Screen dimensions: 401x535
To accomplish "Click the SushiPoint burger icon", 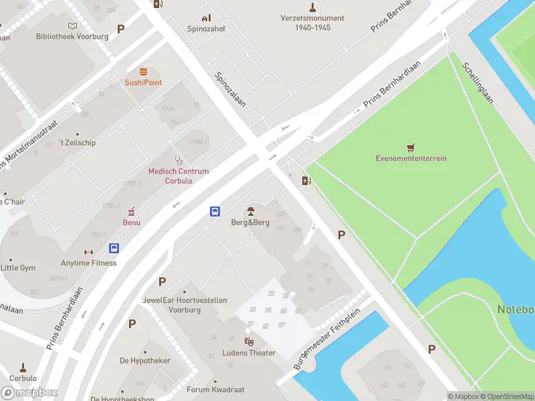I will [142, 72].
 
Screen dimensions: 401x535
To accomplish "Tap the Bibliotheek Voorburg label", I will [72, 36].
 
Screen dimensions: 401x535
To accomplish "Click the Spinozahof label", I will [206, 29].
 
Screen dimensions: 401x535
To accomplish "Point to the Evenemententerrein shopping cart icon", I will [411, 147].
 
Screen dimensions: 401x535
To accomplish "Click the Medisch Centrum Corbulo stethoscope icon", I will [179, 160].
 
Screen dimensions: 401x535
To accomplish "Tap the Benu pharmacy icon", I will [131, 211].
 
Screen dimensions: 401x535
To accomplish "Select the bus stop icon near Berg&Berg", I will [215, 211].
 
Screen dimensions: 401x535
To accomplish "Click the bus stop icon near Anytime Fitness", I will [114, 248].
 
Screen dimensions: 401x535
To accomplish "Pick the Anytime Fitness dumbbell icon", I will [88, 252].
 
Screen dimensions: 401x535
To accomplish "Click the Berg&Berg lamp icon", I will [250, 211].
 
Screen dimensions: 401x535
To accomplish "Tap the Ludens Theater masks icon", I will [249, 342].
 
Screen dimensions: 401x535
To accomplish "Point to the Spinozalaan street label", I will [230, 90].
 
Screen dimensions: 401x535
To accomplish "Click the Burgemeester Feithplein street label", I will [327, 339].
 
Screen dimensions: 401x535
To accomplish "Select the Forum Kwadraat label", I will [215, 390].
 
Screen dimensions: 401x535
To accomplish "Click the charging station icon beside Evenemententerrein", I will [307, 180].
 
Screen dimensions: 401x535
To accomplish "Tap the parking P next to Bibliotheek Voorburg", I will [121, 29].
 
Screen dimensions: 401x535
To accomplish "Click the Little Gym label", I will [18, 267].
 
